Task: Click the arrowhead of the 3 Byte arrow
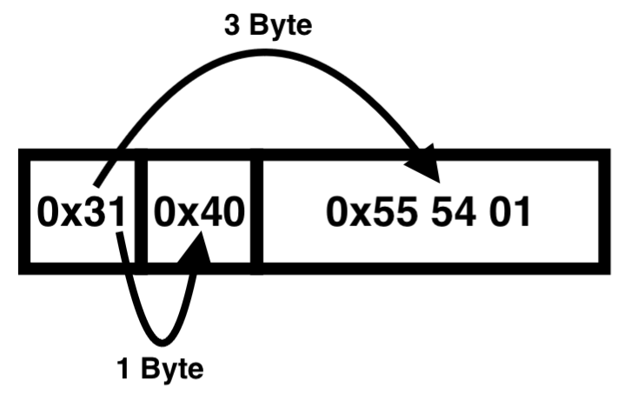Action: [x=426, y=164]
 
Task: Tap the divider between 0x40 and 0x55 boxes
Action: [x=256, y=212]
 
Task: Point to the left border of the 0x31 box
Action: [x=24, y=212]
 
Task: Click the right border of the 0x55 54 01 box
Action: [x=600, y=212]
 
